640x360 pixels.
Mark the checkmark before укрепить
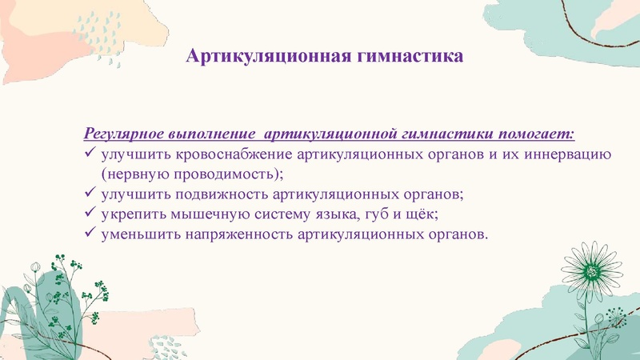(x=90, y=214)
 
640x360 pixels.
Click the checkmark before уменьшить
(x=90, y=235)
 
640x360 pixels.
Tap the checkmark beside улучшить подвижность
(x=90, y=194)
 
